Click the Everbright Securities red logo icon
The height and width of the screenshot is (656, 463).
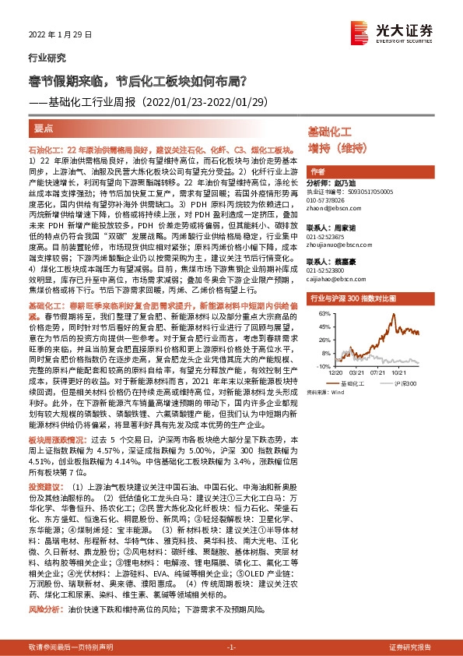tap(360, 30)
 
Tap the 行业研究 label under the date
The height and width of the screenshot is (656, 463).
tap(47, 58)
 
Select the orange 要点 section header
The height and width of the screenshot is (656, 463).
tap(44, 127)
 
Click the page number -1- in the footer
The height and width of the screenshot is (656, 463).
tap(231, 647)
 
